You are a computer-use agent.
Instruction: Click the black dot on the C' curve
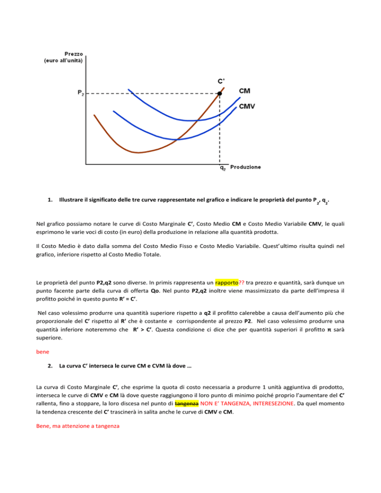220,93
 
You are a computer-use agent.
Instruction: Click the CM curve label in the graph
244,91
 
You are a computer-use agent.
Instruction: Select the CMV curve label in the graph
248,106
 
